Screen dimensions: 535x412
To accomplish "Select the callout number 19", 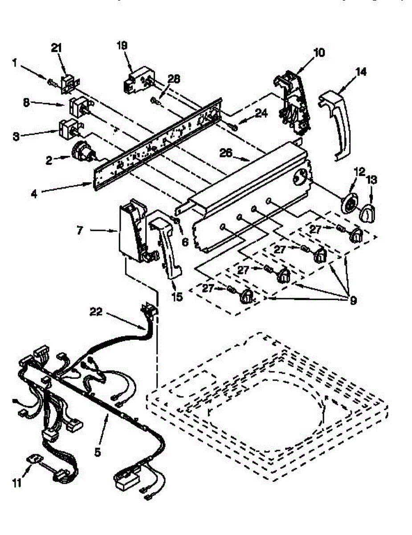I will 122,45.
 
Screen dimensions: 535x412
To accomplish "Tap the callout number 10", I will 319,53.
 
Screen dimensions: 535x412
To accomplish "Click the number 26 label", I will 226,152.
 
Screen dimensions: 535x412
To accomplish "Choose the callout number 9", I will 353,300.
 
